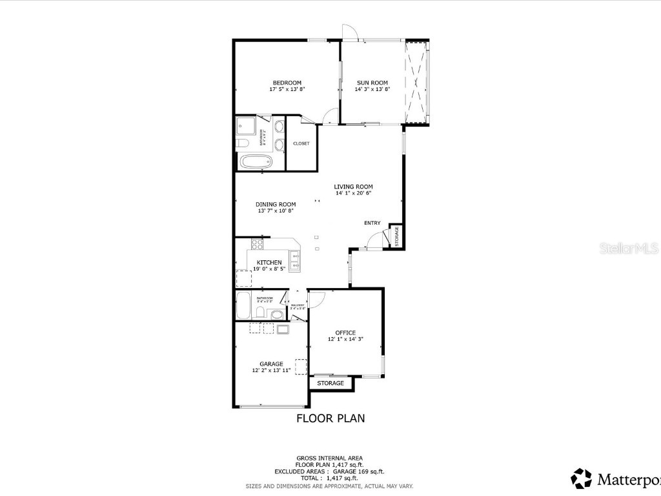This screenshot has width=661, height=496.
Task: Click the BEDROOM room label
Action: (287, 83)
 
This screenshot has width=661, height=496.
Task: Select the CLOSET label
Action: (301, 143)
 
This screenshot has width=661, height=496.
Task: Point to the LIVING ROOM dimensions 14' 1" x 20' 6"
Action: (353, 193)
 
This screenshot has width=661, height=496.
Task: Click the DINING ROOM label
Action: (276, 204)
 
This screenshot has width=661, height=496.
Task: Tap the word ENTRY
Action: (372, 223)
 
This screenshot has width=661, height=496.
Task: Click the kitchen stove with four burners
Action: (257, 244)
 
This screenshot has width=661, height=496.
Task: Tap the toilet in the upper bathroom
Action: (239, 143)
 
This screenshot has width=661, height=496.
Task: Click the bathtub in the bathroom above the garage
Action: (243, 305)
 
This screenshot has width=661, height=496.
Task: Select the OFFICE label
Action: (345, 333)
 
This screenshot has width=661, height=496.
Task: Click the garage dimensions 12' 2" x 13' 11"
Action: (271, 371)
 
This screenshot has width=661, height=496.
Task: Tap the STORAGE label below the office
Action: (330, 383)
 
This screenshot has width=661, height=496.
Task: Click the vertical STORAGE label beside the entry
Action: (397, 236)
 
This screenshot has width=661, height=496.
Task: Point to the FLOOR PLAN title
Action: (330, 418)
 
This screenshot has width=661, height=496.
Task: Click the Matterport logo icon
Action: (582, 479)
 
